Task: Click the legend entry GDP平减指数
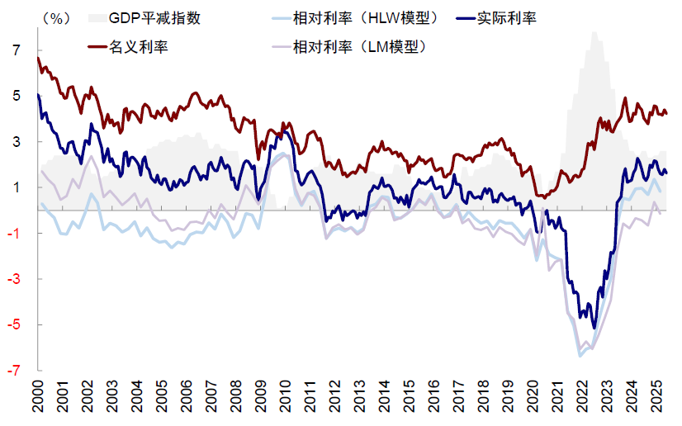149,17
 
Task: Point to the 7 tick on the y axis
15,50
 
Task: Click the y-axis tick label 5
15,96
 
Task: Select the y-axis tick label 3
15,142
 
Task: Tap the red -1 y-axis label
13,234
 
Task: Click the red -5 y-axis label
13,324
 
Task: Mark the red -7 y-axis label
13,371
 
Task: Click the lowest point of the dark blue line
594,328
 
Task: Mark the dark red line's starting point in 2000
39,58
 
